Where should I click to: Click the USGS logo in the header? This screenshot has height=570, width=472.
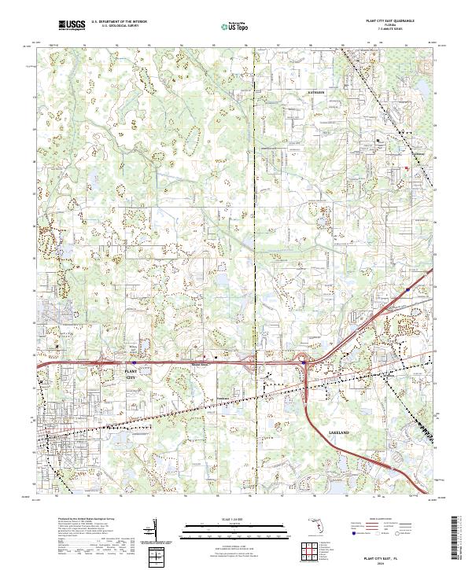72,25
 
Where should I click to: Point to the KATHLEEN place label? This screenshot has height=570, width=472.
315,92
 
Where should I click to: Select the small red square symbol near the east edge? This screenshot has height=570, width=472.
407,167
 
